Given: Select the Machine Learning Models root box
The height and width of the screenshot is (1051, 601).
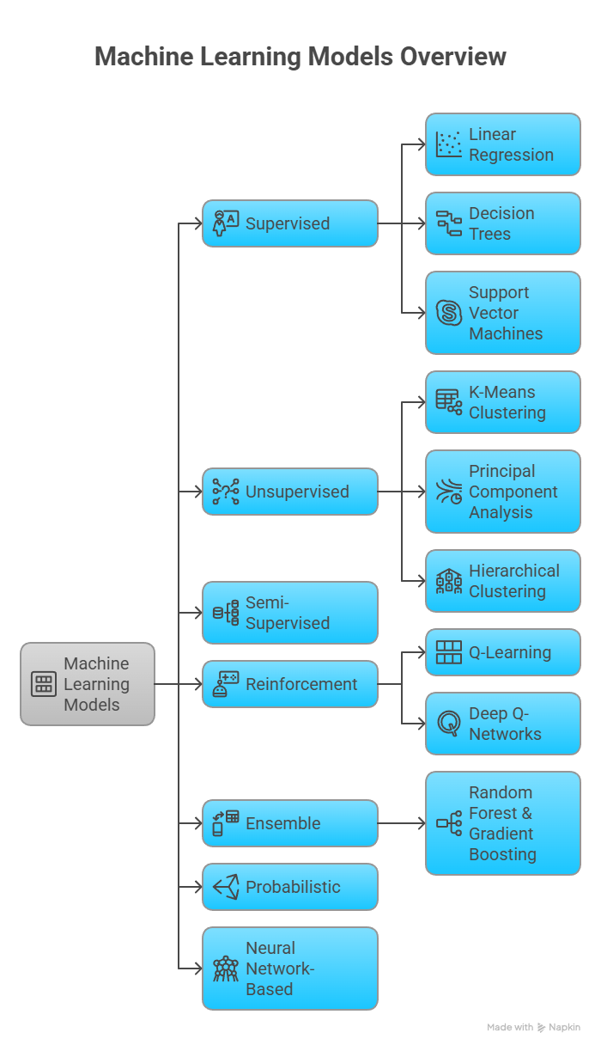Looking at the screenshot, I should (x=88, y=684).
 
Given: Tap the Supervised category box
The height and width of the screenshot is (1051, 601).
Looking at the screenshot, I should (x=290, y=223).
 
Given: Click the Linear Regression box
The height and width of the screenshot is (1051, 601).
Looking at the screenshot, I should (x=503, y=144).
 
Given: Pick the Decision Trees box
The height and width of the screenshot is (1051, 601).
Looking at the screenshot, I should (x=503, y=223).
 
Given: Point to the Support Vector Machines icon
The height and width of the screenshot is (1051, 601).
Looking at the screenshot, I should (x=448, y=313).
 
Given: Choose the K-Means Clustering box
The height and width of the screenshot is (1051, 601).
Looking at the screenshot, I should (x=503, y=402).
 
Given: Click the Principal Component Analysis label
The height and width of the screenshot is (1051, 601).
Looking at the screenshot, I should (x=513, y=492).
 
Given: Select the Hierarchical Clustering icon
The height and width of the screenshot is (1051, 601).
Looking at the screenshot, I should (x=448, y=581).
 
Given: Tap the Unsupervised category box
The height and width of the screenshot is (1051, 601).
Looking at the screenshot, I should (x=290, y=492).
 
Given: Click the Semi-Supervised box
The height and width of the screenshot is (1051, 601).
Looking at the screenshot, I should (x=290, y=613).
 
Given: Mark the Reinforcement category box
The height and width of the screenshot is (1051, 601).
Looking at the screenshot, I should (x=290, y=684).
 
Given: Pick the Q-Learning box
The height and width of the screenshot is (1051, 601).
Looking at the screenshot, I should (x=503, y=652).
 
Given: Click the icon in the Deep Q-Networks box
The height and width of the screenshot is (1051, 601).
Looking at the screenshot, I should (x=448, y=724).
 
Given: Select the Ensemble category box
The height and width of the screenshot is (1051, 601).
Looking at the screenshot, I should (x=290, y=823).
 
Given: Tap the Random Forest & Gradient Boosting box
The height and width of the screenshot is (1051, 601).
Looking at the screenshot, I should (x=503, y=823).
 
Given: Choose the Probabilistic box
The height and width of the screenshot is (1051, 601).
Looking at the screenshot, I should (x=290, y=887).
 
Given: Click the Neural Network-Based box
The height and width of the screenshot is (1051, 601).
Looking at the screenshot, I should (x=290, y=969).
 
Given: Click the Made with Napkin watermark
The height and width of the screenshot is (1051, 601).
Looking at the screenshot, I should (x=533, y=1027).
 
